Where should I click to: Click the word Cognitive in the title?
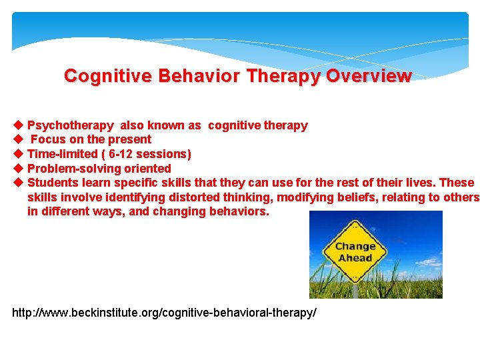107,76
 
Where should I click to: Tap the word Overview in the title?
369,76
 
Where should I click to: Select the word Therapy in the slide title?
285,76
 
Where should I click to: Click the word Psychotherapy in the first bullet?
70,125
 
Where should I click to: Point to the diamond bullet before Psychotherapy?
18,125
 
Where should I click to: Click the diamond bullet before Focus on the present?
18,139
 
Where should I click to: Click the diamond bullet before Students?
18,183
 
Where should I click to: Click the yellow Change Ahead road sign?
355,251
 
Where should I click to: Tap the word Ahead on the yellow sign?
355,258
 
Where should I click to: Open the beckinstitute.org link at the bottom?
164,313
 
